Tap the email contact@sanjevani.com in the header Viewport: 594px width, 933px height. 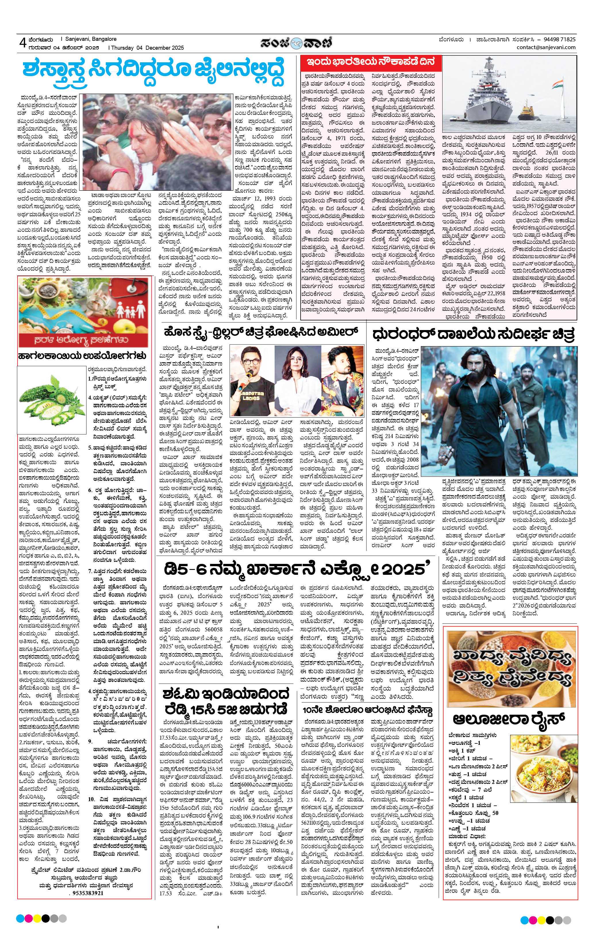click(546, 47)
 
